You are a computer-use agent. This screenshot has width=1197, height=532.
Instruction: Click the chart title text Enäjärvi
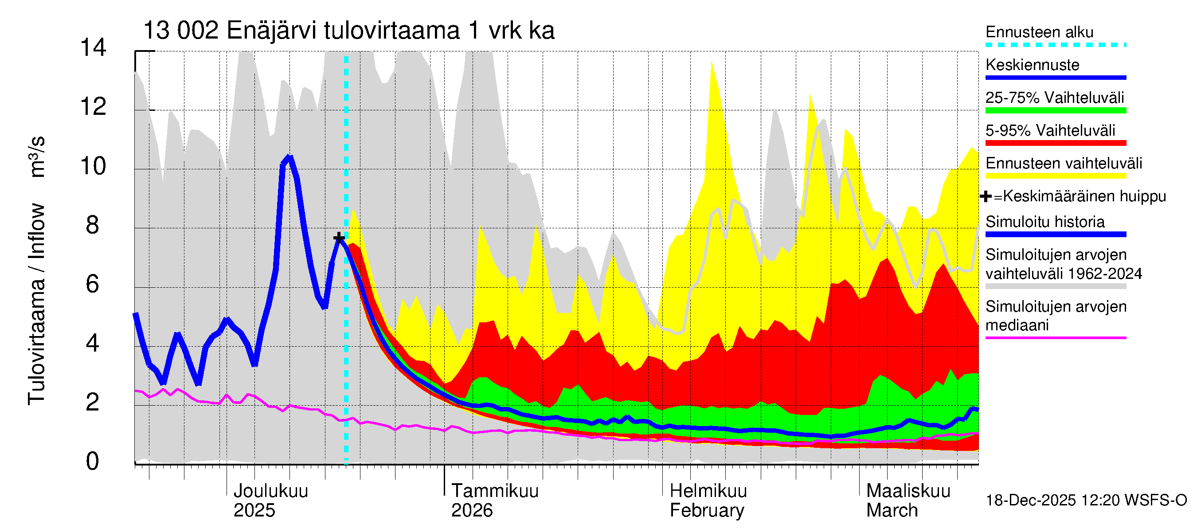coord(272,31)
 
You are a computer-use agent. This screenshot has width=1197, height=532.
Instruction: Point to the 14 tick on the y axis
coord(93,48)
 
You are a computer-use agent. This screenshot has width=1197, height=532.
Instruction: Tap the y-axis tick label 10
coord(93,166)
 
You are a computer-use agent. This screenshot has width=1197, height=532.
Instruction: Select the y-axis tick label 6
coord(93,284)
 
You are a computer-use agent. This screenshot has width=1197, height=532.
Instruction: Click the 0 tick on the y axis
coord(93,462)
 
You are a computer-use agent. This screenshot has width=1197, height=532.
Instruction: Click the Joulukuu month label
coord(270,491)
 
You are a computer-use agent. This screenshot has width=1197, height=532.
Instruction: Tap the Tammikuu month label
coord(494,491)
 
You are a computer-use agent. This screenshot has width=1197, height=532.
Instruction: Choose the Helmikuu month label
coord(708,491)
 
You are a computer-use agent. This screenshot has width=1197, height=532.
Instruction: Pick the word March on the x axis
coord(892,511)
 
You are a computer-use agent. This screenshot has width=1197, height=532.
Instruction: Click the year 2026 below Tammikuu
coord(472,511)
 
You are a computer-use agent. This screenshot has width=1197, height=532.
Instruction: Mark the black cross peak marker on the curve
coord(339,238)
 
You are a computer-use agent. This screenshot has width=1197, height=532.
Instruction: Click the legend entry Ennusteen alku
coord(1039,32)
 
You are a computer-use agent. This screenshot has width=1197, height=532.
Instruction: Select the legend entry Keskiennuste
coord(1032,65)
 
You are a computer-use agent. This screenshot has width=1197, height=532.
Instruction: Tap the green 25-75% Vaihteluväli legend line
coord(1055,110)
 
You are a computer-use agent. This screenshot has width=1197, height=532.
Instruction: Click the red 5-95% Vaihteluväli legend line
coord(1055,143)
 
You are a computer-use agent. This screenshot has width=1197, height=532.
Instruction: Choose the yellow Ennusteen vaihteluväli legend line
coord(1055,176)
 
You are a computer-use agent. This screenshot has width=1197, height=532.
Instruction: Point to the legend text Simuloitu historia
coord(1044,222)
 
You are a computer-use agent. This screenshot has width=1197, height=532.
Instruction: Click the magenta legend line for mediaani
coord(1055,338)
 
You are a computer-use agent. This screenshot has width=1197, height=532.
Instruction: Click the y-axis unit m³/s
coord(37,157)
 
